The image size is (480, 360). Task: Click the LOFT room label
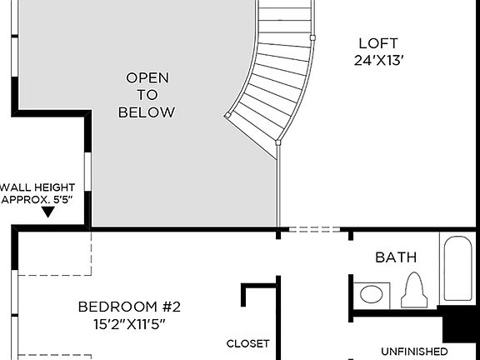pyautogui.click(x=379, y=43)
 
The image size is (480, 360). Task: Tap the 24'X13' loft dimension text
pyautogui.click(x=379, y=60)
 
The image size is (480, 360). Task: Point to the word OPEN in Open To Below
pyautogui.click(x=147, y=77)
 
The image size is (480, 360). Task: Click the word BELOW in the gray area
pyautogui.click(x=147, y=112)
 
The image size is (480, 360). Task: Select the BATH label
pyautogui.click(x=395, y=257)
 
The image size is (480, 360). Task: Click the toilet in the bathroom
pyautogui.click(x=414, y=292)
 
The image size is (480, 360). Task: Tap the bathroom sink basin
pyautogui.click(x=372, y=293)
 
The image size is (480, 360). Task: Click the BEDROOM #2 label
pyautogui.click(x=129, y=307)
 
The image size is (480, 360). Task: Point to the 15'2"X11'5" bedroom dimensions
pyautogui.click(x=129, y=323)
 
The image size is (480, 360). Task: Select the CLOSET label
pyautogui.click(x=248, y=343)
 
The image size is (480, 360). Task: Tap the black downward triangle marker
pyautogui.click(x=48, y=212)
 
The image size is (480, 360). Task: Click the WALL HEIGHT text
pyautogui.click(x=38, y=187)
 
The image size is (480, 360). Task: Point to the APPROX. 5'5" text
pyautogui.click(x=38, y=200)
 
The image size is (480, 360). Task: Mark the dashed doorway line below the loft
pyautogui.click(x=314, y=228)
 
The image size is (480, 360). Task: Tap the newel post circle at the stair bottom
pyautogui.click(x=278, y=142)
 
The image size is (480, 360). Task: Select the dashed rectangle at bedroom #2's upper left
pyautogui.click(x=53, y=253)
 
